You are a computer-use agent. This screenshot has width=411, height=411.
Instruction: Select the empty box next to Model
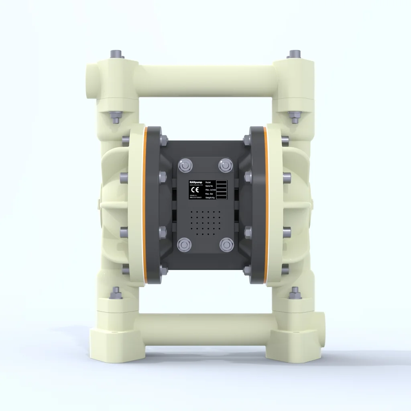click(222, 182)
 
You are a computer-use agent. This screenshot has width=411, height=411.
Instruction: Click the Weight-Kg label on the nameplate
click(211, 198)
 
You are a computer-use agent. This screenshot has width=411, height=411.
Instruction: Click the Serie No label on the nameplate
click(210, 186)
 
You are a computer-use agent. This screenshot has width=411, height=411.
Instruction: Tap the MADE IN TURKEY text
click(195, 198)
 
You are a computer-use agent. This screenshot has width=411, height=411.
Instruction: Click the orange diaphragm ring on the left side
click(146, 205)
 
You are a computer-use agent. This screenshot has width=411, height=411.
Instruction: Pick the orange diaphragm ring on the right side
click(265, 205)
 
